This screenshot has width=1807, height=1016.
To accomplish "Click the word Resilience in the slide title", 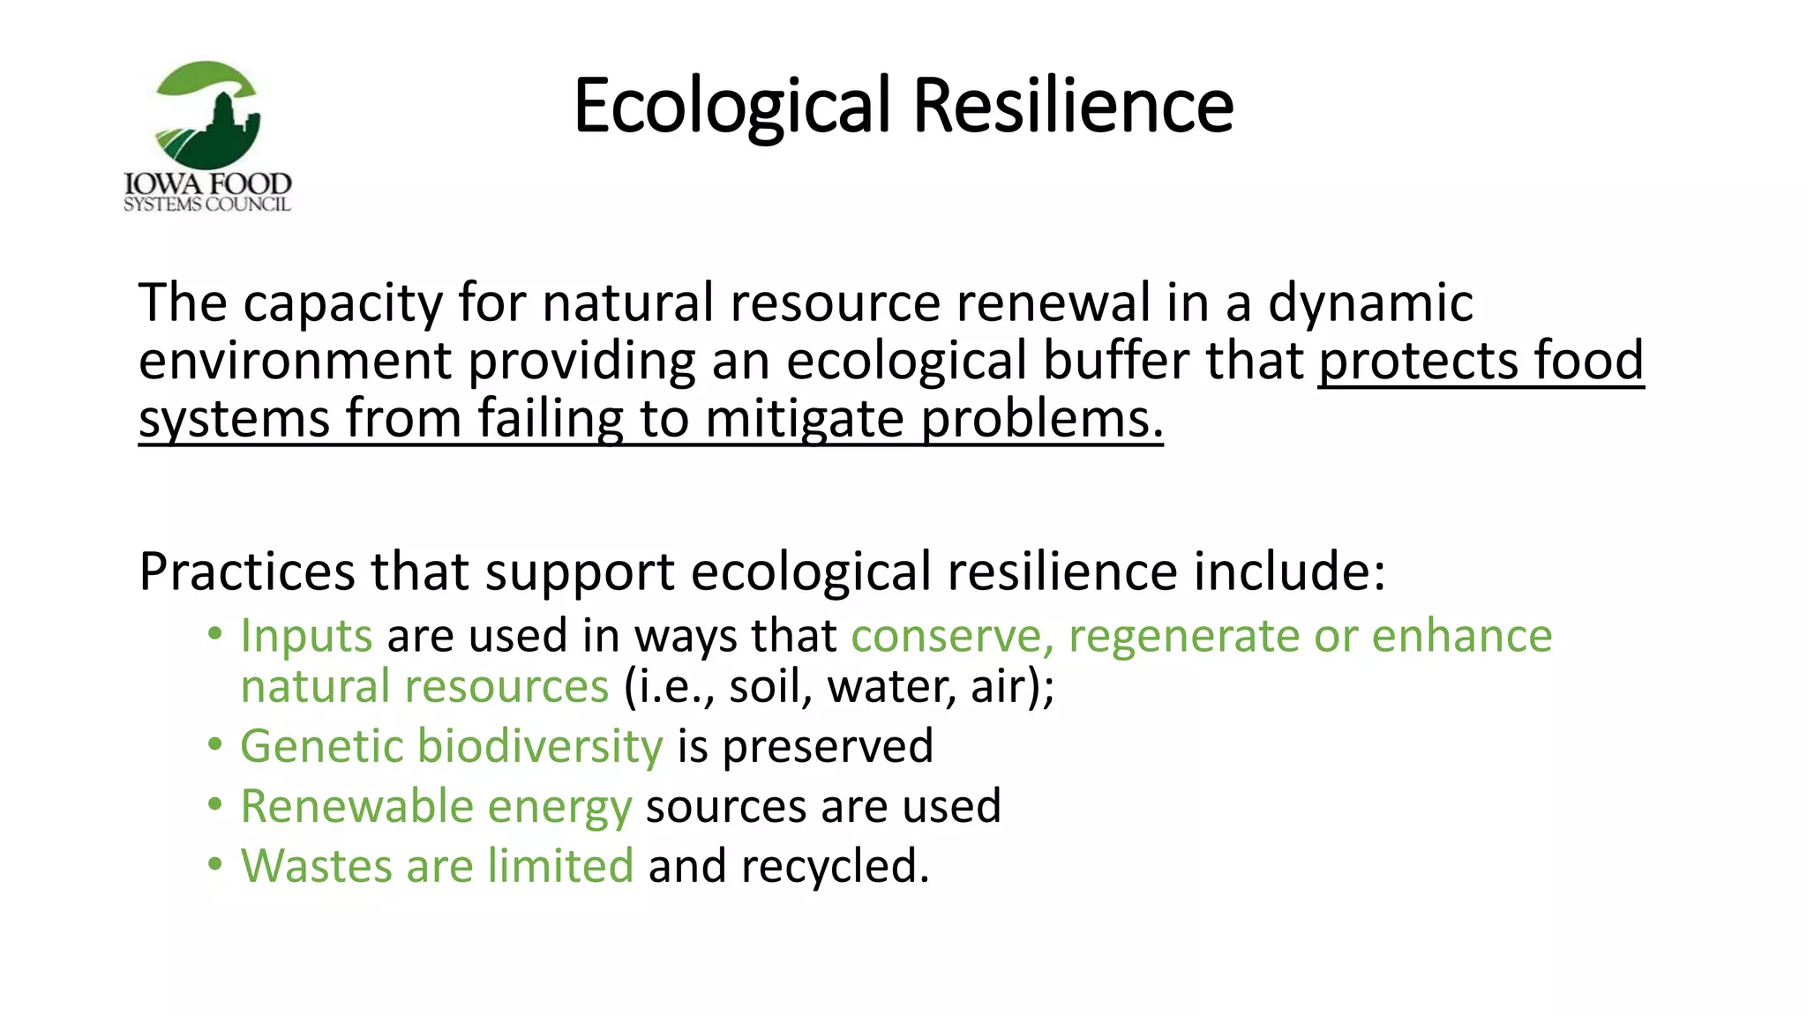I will pos(1073,106).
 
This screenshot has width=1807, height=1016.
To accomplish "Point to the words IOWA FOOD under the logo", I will pos(208,183).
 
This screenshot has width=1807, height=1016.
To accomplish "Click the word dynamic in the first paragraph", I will pos(1370,303).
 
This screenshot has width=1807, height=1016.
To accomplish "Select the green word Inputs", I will pos(306,636).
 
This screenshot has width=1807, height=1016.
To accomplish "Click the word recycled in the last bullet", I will pos(833,865).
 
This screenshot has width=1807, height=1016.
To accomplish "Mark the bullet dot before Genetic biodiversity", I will pos(215,745).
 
